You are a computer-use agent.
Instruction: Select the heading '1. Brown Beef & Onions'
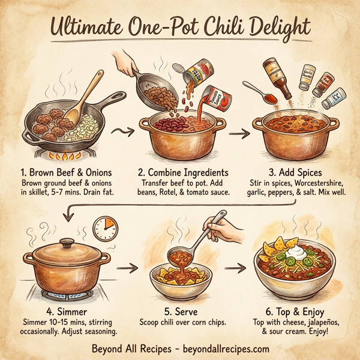pyautogui.click(x=66, y=169)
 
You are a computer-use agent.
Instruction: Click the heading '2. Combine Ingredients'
pyautogui.click(x=182, y=169)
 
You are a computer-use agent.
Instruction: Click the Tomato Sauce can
pyautogui.click(x=212, y=100)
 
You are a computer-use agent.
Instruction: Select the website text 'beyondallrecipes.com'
pyautogui.click(x=222, y=348)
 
